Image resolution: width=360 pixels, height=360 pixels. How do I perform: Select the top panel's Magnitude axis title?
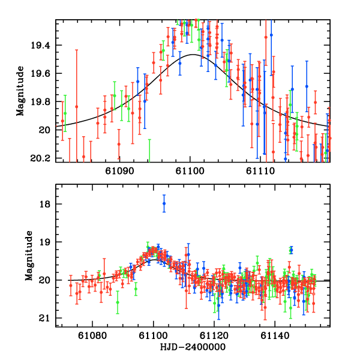coord(20,91)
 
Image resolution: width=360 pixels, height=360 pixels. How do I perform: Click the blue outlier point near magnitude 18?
coord(164,204)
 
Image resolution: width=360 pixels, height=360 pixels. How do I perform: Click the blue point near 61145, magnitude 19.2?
coord(291,250)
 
